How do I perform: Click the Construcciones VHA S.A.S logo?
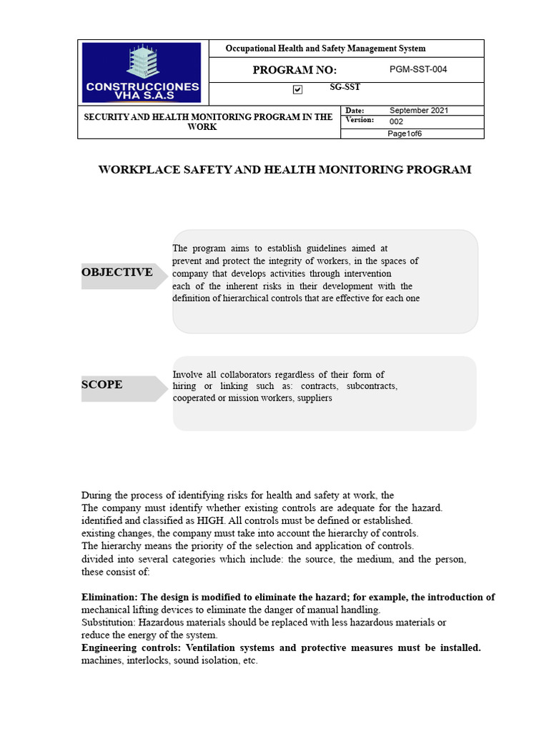pyautogui.click(x=142, y=72)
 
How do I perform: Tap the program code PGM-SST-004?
pyautogui.click(x=418, y=69)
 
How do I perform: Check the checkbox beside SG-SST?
pyautogui.click(x=297, y=89)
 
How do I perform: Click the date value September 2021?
pyautogui.click(x=419, y=111)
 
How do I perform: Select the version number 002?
pyautogui.click(x=396, y=121)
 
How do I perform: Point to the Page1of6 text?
pyautogui.click(x=405, y=133)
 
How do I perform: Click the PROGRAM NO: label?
pyautogui.click(x=295, y=70)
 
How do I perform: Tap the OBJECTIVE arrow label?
pyautogui.click(x=119, y=273)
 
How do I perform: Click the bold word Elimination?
pyautogui.click(x=110, y=598)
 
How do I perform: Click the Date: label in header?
pyautogui.click(x=355, y=111)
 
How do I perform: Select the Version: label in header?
pyautogui.click(x=360, y=120)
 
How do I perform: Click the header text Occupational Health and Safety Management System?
pyautogui.click(x=325, y=49)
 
